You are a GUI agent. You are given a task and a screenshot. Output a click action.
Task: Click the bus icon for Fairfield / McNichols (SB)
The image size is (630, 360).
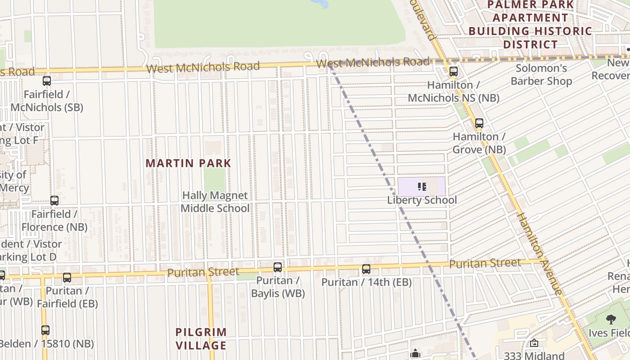(47, 81)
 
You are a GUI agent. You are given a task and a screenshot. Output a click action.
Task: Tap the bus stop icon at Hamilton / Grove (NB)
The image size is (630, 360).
(479, 123)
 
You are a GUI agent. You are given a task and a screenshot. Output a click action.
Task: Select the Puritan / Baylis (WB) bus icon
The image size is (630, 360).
(278, 267)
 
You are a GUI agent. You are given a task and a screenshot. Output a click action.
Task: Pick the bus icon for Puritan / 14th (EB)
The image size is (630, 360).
(366, 269)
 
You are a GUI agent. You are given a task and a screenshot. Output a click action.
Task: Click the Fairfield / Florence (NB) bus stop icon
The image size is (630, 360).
(54, 201)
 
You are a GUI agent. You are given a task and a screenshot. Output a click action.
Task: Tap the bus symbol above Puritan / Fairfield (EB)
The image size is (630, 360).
(67, 278)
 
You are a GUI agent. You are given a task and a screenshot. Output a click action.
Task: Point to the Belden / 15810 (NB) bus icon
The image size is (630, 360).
(45, 330)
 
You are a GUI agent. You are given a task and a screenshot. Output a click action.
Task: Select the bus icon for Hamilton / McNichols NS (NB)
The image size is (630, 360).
(454, 72)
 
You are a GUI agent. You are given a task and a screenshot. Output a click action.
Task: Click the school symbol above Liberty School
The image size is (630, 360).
(422, 186)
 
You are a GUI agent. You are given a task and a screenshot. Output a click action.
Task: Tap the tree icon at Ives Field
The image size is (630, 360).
(611, 319)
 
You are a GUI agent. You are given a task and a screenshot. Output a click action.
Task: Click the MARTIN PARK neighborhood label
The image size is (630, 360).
(188, 163)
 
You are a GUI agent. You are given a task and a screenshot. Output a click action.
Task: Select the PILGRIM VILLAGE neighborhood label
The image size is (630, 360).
(201, 339)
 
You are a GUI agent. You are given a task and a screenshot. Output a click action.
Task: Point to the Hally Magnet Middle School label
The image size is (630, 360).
(215, 202)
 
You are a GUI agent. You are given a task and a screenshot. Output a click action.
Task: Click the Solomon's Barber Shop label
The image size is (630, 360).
(541, 75)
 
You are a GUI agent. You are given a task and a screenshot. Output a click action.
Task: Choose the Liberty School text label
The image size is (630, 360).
(422, 200)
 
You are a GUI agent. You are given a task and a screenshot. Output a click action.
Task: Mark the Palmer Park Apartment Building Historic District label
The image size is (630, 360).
(530, 24)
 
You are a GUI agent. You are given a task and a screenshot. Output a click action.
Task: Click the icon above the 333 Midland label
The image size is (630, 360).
(534, 343)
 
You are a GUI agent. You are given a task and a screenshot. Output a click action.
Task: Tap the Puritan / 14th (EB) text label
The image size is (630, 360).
(366, 282)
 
